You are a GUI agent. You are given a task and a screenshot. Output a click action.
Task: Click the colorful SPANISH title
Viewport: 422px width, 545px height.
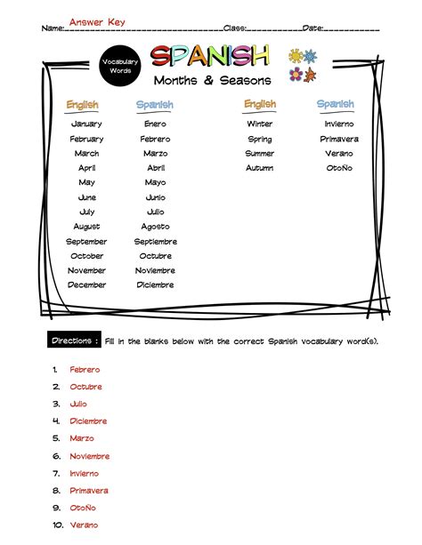(x=209, y=57)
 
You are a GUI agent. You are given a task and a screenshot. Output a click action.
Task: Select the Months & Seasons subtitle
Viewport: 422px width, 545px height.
(x=209, y=81)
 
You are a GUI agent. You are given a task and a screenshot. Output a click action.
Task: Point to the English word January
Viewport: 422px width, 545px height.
(x=86, y=124)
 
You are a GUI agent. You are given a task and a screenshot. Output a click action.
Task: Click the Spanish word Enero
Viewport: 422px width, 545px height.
(x=155, y=124)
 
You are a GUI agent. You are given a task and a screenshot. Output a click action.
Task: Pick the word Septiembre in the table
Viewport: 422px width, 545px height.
(x=156, y=242)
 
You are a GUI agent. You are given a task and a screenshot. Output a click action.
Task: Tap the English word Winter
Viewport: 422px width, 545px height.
(x=260, y=124)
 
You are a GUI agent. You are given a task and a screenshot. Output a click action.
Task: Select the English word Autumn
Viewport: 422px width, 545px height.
(x=260, y=168)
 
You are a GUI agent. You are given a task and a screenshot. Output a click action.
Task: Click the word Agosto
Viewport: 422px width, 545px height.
(x=156, y=227)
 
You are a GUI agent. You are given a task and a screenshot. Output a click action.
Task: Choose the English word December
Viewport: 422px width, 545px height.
(x=86, y=285)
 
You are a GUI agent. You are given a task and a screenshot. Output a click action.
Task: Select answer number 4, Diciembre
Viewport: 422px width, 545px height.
(x=88, y=421)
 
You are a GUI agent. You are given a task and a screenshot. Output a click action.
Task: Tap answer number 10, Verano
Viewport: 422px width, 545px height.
(x=84, y=525)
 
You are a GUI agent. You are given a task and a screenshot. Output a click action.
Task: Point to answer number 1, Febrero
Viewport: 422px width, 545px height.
(x=85, y=369)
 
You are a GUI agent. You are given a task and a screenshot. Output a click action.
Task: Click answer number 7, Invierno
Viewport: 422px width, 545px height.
(x=85, y=474)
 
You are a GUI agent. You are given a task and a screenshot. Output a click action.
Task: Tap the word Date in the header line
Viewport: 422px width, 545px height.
(x=313, y=28)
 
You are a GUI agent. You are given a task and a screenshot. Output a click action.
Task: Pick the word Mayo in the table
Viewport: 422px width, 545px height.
(x=155, y=183)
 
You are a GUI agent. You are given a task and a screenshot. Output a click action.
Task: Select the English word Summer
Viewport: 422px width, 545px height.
(x=260, y=154)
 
